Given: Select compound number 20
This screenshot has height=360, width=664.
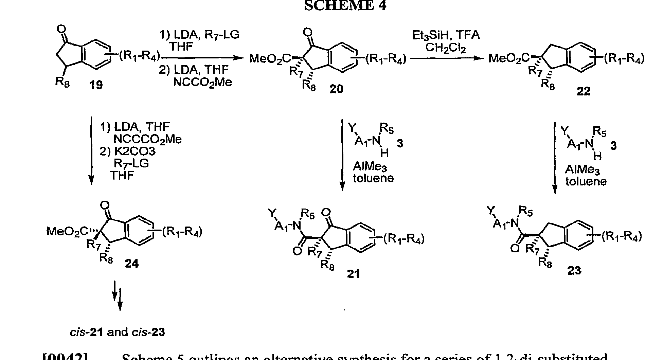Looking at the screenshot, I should coord(336,89).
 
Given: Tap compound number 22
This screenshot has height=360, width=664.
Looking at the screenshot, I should coord(584,91).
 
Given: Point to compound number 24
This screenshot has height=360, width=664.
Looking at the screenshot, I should coord(131,264).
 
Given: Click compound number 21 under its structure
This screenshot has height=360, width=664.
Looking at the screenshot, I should coord(353,274).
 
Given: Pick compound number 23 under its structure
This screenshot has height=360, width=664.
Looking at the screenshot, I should coord(574,270).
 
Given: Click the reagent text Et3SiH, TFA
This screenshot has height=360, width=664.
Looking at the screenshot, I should coord(446,35).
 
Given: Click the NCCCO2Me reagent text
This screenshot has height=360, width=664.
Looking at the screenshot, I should coord(147,139).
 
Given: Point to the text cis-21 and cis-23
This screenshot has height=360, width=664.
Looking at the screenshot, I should coord(117,332).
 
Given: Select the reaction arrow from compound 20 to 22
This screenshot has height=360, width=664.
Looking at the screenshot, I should coord(447,58).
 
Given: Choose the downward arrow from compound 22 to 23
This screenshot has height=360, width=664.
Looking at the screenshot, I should coord(555,158).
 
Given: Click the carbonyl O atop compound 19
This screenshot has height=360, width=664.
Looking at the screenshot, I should coord(61,29).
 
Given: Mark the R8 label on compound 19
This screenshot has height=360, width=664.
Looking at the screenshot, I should coord(62,82).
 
